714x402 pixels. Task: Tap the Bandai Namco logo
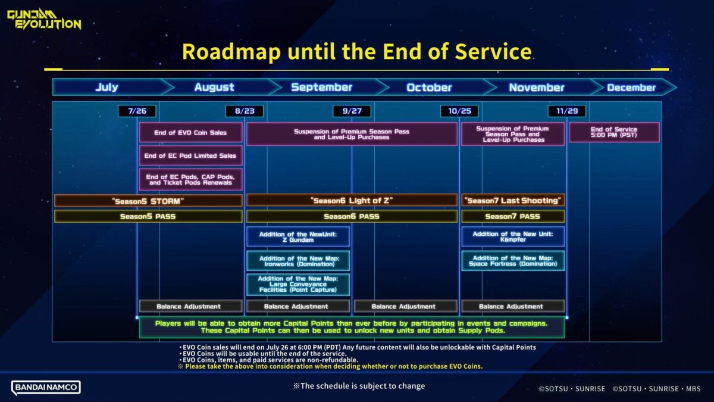pyautogui.click(x=46, y=387)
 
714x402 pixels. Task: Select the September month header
pyautogui.click(x=321, y=88)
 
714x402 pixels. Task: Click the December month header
pyautogui.click(x=631, y=88)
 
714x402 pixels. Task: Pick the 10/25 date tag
pyautogui.click(x=459, y=111)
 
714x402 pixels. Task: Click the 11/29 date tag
pyautogui.click(x=566, y=111)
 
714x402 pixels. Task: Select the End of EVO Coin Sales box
pyautogui.click(x=190, y=132)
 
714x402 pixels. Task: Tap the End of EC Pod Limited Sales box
pyautogui.click(x=190, y=155)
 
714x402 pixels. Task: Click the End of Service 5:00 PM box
pyautogui.click(x=614, y=132)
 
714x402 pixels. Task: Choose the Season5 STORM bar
pyautogui.click(x=148, y=201)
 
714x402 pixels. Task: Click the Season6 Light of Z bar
pyautogui.click(x=352, y=201)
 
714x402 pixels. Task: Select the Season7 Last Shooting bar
pyautogui.click(x=513, y=201)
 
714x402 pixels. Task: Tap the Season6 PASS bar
pyautogui.click(x=352, y=216)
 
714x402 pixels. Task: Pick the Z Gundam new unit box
pyautogui.click(x=298, y=237)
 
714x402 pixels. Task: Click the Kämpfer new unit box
pyautogui.click(x=513, y=237)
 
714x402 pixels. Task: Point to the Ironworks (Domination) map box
pyautogui.click(x=298, y=261)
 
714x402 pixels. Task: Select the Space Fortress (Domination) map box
pyautogui.click(x=513, y=261)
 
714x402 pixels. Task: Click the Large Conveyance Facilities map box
pyautogui.click(x=298, y=284)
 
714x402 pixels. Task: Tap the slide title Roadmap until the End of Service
pyautogui.click(x=356, y=52)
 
